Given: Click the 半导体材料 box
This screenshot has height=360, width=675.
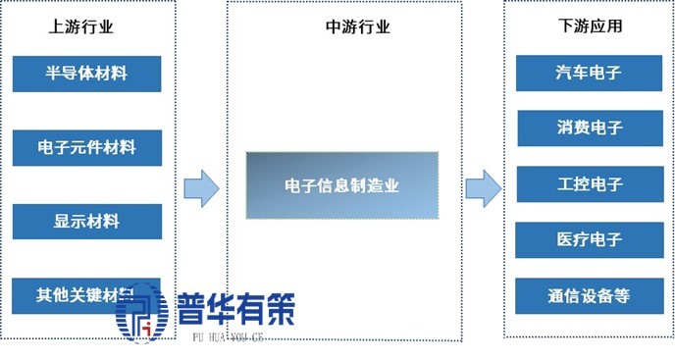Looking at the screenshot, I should point(86,74).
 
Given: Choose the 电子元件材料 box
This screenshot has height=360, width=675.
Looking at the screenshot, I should point(86,148).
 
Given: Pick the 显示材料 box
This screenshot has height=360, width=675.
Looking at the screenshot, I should point(86,221).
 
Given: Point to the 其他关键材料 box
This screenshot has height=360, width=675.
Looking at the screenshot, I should point(86,293).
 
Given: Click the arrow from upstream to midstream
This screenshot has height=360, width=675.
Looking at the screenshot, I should point(201,187).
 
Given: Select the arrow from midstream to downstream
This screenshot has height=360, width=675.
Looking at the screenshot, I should point(482,187).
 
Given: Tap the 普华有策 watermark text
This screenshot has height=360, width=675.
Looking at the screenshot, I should point(235,311).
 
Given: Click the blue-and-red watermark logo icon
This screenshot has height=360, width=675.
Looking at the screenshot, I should point(142,312).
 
